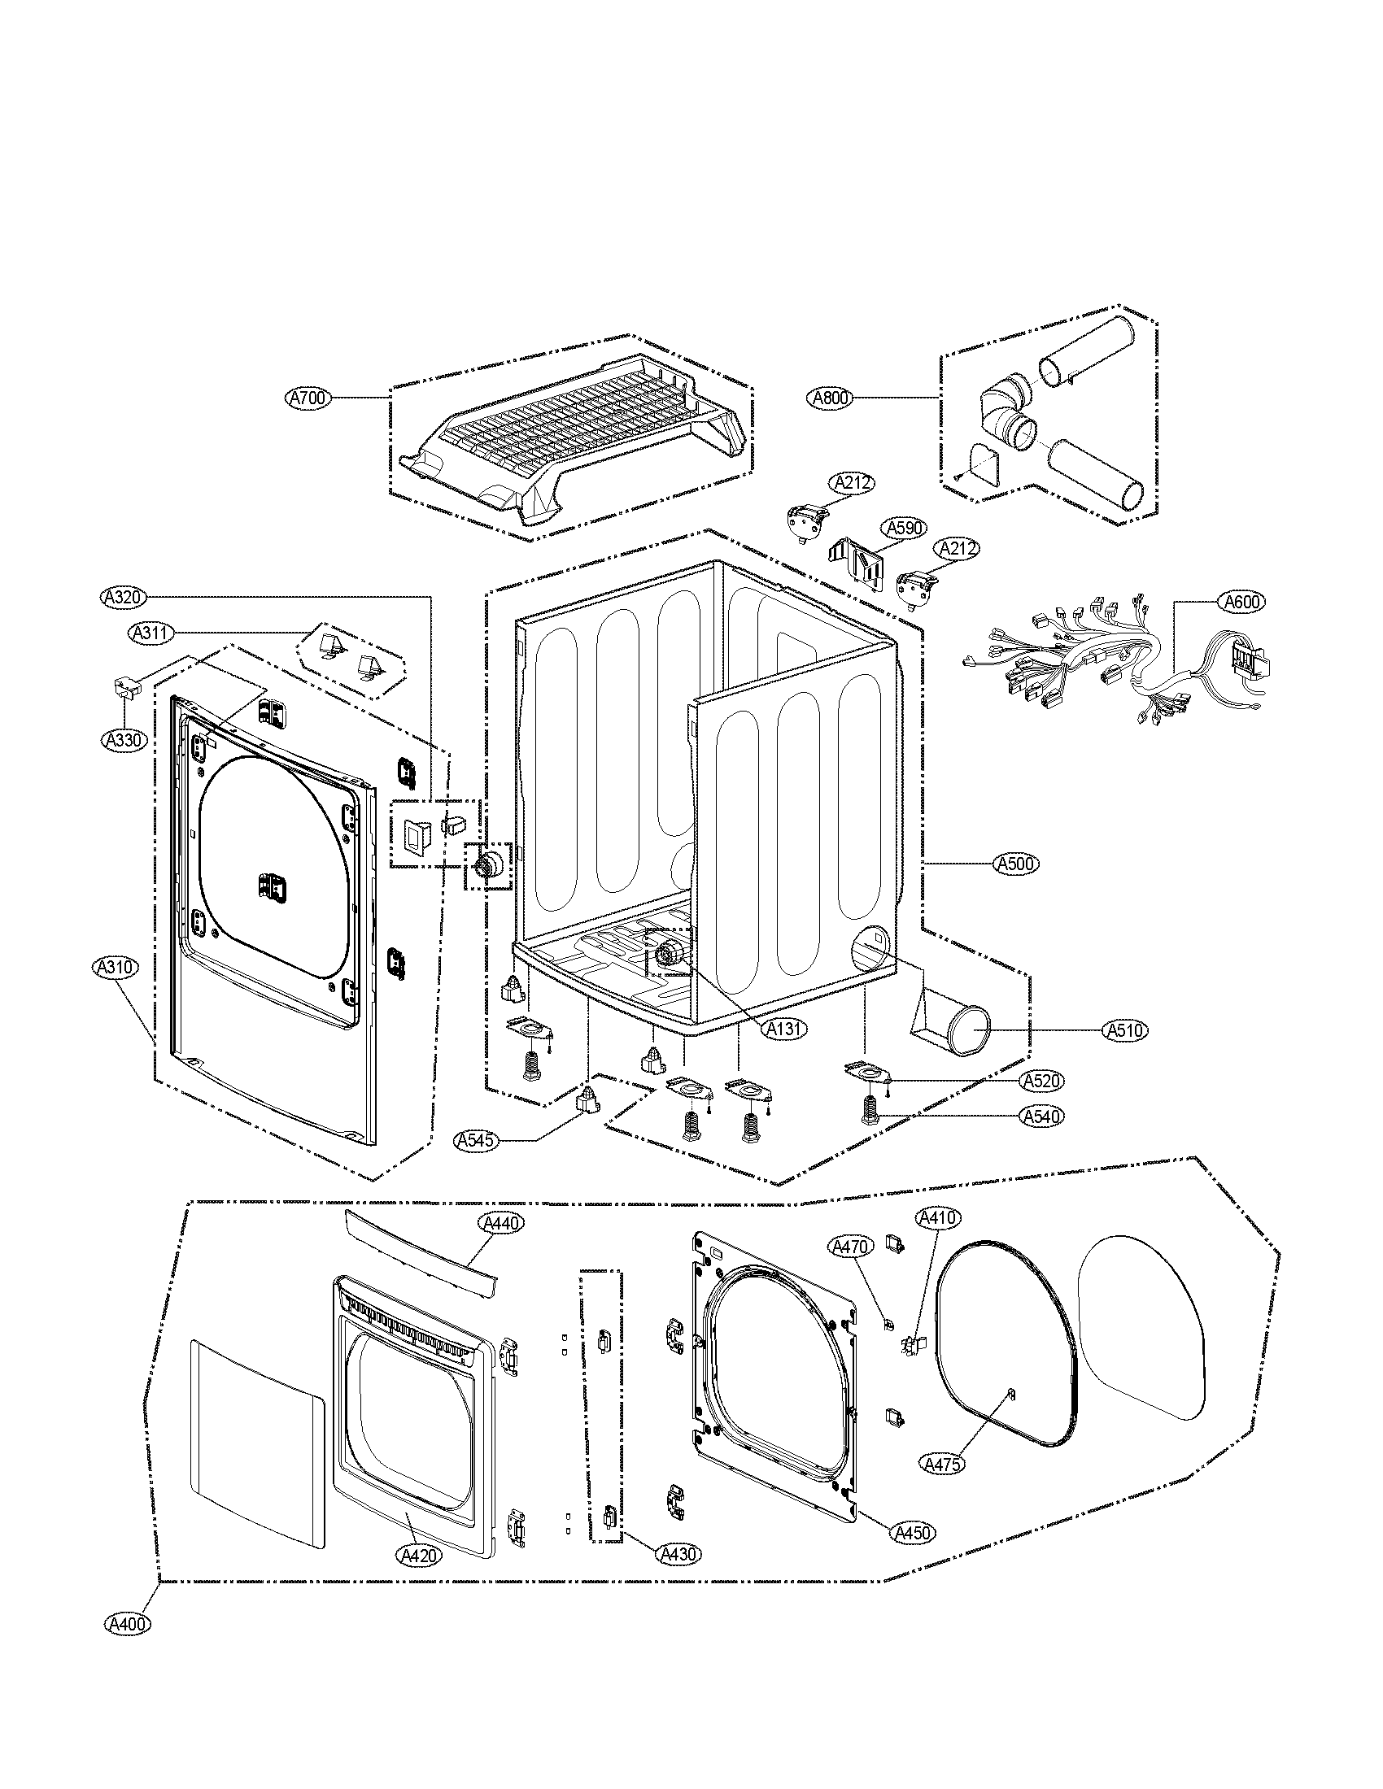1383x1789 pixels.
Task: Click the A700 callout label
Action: pos(308,398)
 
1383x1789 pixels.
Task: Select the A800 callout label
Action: pos(831,398)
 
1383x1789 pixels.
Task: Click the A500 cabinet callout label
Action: pos(1016,863)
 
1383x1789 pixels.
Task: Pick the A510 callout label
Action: pos(1125,1030)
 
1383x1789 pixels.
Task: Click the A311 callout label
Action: pos(149,633)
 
